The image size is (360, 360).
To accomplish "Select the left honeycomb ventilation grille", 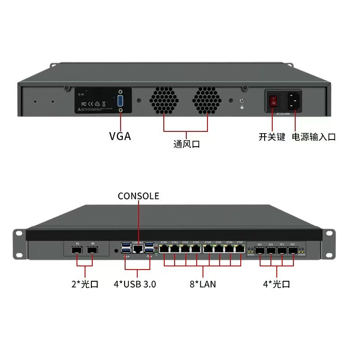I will [164, 100].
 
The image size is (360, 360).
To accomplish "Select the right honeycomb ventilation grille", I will [207, 100].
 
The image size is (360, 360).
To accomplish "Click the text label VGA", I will [120, 136].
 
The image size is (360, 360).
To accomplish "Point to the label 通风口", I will [186, 144].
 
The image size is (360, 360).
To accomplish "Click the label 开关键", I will [272, 137].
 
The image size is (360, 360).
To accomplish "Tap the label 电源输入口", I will [314, 137].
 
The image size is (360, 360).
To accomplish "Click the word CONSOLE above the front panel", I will [138, 196].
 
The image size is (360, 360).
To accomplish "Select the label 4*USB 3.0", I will [135, 284].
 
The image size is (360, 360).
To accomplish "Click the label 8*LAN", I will [203, 284].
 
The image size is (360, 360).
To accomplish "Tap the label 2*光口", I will [85, 284].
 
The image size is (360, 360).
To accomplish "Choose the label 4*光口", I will [276, 284].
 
